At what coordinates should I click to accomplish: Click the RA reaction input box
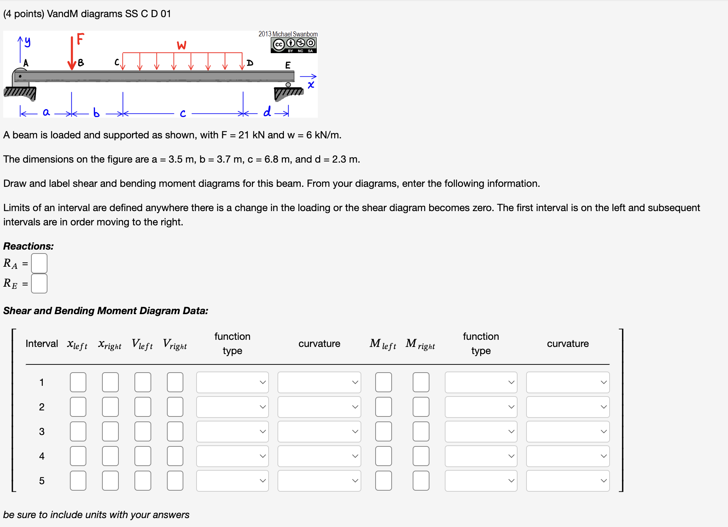click(39, 263)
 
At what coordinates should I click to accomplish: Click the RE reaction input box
click(39, 283)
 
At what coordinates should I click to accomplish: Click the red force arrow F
click(72, 53)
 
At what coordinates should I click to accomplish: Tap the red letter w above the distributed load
click(182, 46)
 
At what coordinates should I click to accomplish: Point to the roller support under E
click(288, 85)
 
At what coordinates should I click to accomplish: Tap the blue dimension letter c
click(183, 113)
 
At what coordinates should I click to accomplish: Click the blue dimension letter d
click(267, 112)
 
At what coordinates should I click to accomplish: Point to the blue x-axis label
click(311, 85)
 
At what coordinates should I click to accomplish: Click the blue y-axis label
click(27, 42)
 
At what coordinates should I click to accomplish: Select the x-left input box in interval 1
click(78, 382)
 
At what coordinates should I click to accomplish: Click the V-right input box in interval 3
click(175, 431)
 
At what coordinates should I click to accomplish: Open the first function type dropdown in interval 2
click(232, 407)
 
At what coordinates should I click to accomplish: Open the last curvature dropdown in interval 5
click(567, 481)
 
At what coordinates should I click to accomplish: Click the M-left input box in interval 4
click(383, 456)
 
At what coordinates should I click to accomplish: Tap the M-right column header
click(420, 344)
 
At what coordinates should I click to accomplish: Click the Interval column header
click(42, 344)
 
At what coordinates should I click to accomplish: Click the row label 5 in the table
click(42, 481)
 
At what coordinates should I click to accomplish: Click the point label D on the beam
click(250, 63)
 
